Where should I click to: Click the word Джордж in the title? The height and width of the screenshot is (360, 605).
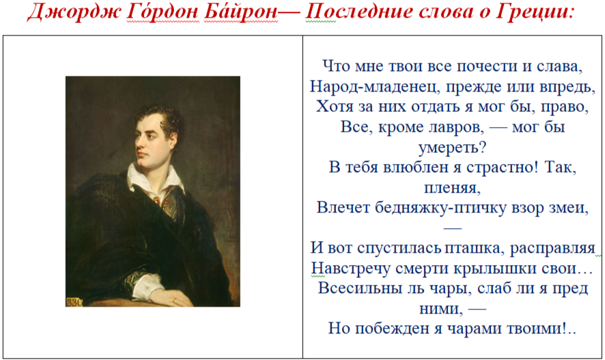coord(74,12)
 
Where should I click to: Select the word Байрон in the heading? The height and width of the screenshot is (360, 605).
coord(241,11)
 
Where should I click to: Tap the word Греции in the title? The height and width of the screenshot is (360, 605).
coord(532,12)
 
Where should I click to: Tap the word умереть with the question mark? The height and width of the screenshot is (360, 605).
coord(452,148)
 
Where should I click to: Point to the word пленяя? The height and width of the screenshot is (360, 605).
coord(452,188)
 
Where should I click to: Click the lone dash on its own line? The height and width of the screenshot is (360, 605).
coord(453,228)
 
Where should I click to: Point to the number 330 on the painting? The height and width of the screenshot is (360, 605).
coord(74,302)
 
